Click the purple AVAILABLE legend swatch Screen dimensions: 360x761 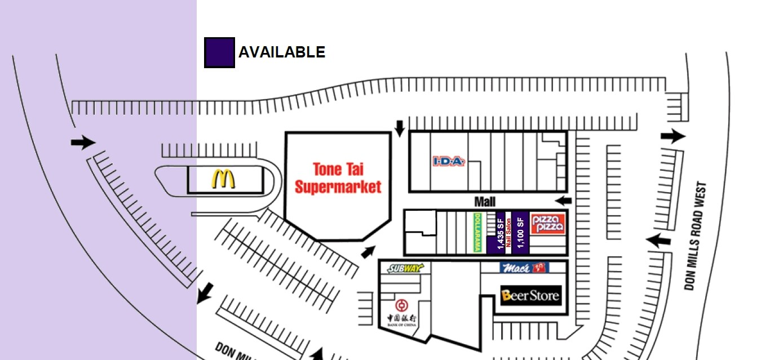coord(219,52)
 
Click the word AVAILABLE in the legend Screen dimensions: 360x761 coord(281,52)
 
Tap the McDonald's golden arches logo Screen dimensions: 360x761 coord(224,179)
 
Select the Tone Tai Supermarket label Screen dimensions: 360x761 coord(338,177)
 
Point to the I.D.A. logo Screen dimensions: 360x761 coord(449,162)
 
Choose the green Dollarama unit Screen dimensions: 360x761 coord(476,233)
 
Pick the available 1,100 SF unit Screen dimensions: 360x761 coord(520,233)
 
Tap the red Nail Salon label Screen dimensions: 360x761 coord(508,233)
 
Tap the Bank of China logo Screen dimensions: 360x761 coord(401,310)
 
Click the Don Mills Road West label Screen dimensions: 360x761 coord(694,236)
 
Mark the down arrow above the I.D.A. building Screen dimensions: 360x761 coord(400,128)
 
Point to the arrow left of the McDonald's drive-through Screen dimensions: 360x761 coord(83,143)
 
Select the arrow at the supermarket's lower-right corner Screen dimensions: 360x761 coord(369,251)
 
